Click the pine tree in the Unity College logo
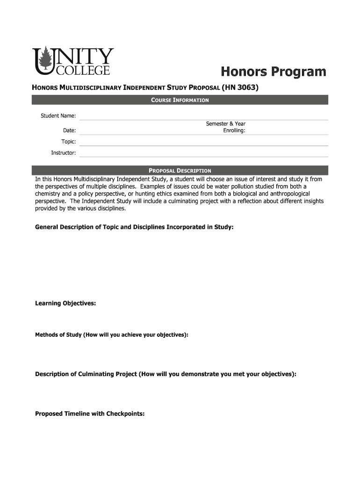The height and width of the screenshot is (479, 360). point(45,60)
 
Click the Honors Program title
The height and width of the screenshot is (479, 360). point(273,72)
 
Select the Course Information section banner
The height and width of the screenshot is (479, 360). point(180,100)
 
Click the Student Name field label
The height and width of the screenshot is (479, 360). point(58,116)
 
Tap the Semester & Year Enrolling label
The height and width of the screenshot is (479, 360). point(226,127)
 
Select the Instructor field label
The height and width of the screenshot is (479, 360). point(63,153)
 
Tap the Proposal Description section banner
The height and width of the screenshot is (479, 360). point(180,171)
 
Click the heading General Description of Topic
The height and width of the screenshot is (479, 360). point(134,227)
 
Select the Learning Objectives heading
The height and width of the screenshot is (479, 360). point(65,304)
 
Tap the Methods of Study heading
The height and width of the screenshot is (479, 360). point(112,335)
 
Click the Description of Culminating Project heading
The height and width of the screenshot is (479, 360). point(166,374)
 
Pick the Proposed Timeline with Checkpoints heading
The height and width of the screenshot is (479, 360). point(90,414)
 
